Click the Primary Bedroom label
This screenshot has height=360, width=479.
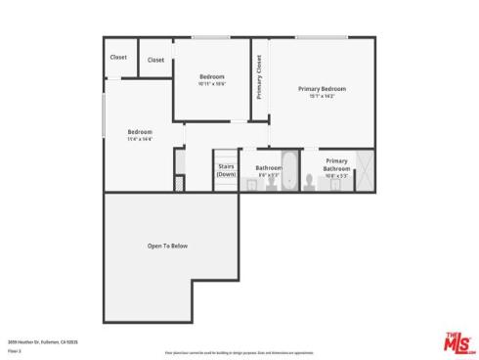pyautogui.click(x=322, y=89)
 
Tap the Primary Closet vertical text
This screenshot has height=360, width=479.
pyautogui.click(x=259, y=77)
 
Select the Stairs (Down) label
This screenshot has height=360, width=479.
pyautogui.click(x=227, y=170)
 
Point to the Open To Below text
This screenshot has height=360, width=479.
pyautogui.click(x=167, y=246)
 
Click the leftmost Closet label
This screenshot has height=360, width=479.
pyautogui.click(x=118, y=57)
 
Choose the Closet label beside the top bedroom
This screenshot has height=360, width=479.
pyautogui.click(x=155, y=60)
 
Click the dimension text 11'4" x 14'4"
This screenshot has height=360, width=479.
pyautogui.click(x=140, y=139)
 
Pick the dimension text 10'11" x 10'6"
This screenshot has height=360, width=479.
pyautogui.click(x=212, y=84)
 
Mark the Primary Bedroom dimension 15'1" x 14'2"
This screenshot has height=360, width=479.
pyautogui.click(x=322, y=96)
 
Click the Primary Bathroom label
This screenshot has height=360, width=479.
pyautogui.click(x=336, y=164)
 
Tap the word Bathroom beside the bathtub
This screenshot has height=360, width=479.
pyautogui.click(x=269, y=167)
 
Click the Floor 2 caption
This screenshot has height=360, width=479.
pyautogui.click(x=14, y=349)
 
